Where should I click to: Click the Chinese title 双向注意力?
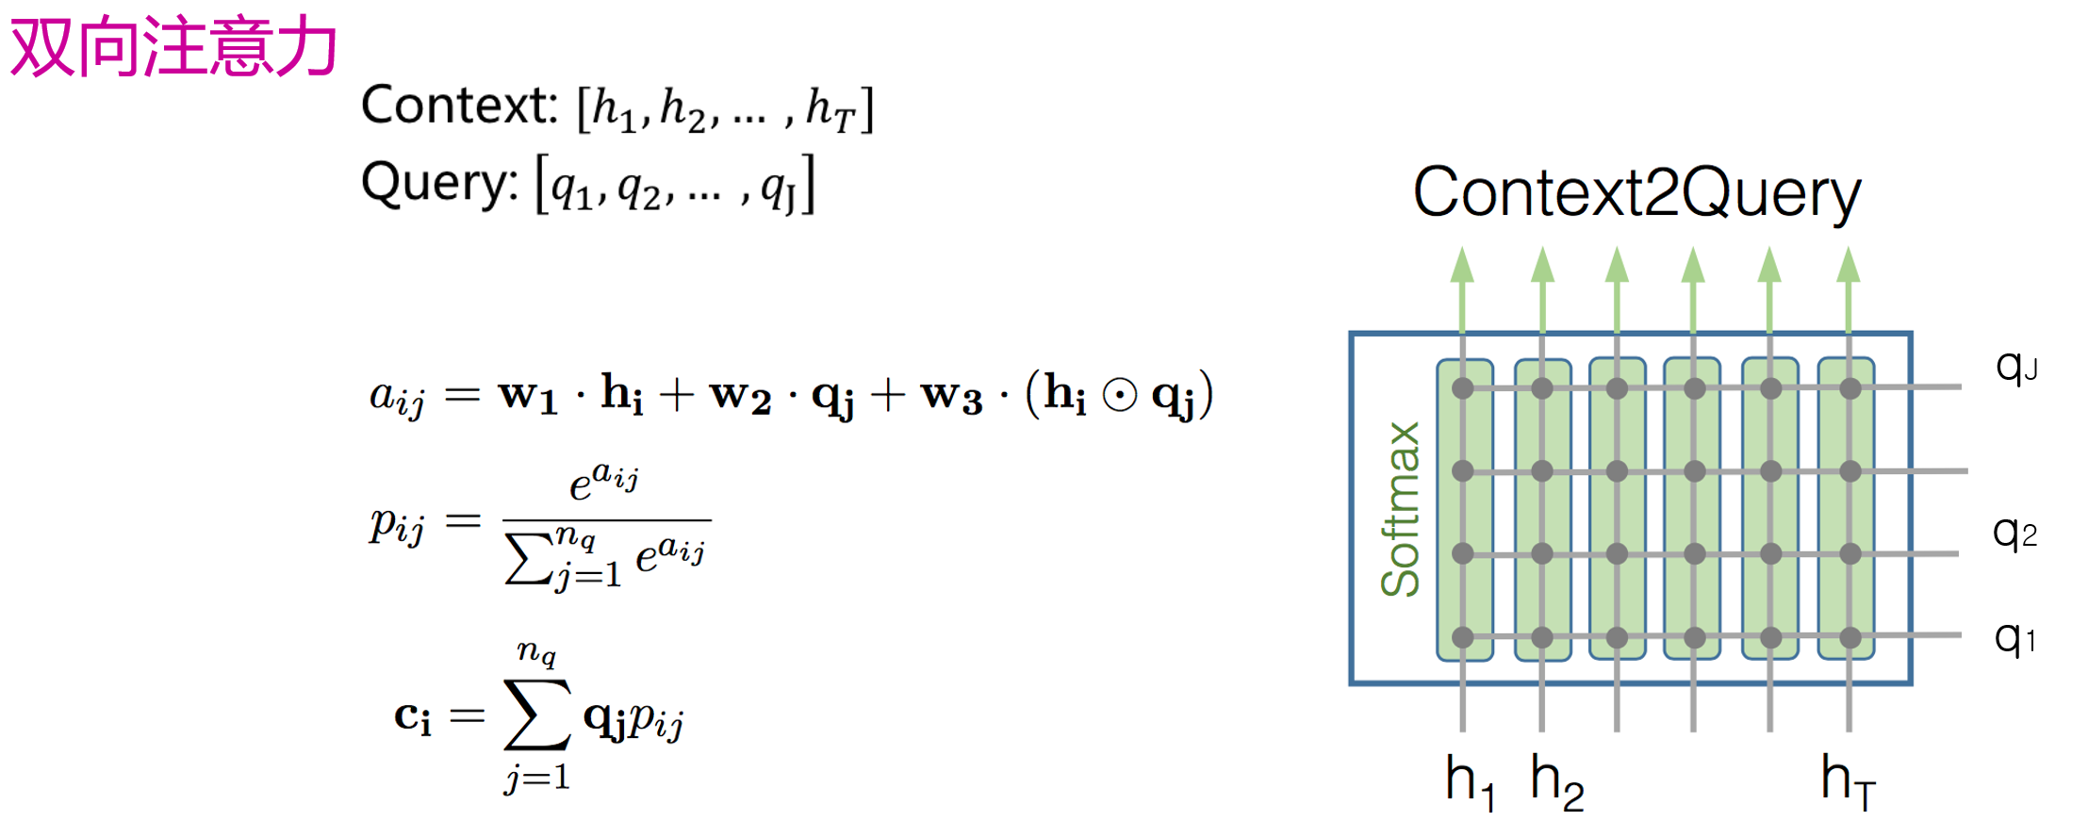[173, 47]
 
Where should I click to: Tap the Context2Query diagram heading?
[1636, 193]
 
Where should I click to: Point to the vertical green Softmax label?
[1400, 509]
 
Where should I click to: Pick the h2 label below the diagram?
[1556, 782]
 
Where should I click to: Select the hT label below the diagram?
[1848, 782]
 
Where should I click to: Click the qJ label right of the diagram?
[2015, 366]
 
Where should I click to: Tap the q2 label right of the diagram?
[2014, 533]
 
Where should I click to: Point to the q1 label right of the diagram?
[2014, 638]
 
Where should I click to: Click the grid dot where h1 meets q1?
[1462, 637]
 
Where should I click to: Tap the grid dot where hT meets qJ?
[1850, 387]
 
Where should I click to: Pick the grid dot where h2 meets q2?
[1541, 553]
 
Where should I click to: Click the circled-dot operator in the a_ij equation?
[1119, 396]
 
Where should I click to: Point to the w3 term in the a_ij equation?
[951, 396]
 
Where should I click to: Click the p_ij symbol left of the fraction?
[397, 524]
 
